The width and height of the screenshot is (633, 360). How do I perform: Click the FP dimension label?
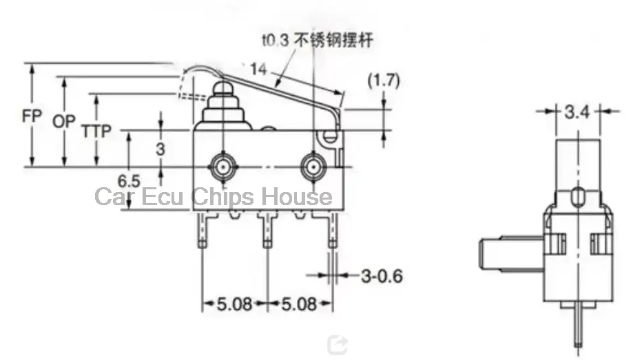coord(32,116)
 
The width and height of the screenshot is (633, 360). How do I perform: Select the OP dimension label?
coord(64,121)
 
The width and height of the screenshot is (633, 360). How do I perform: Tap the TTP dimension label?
coord(96,131)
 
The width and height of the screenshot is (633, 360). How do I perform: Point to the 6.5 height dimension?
coord(129,181)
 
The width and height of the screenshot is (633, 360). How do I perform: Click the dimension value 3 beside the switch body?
coord(160,149)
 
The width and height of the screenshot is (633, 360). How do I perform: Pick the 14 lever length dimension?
coord(258,69)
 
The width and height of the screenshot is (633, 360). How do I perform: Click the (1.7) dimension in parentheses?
coord(384,80)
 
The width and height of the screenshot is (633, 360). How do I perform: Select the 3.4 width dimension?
coord(577,112)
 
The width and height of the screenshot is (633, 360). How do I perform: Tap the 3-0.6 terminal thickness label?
coord(382,276)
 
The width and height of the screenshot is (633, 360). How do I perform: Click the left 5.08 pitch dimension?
coord(235,304)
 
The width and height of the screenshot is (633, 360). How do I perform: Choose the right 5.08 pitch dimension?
coord(299,304)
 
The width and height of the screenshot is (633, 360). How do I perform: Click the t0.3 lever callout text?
coord(318,40)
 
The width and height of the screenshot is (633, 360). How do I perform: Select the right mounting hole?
coord(313,167)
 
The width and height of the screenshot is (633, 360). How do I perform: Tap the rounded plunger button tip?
coord(222,87)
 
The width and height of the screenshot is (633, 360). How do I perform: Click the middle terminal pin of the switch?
coord(267,230)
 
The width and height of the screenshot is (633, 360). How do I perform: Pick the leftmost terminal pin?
coord(203,230)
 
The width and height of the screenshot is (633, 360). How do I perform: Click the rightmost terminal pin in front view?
coord(332,230)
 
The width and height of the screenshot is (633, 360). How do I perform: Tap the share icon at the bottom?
coord(338,345)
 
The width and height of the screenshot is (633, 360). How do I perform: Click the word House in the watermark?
coord(297,197)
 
